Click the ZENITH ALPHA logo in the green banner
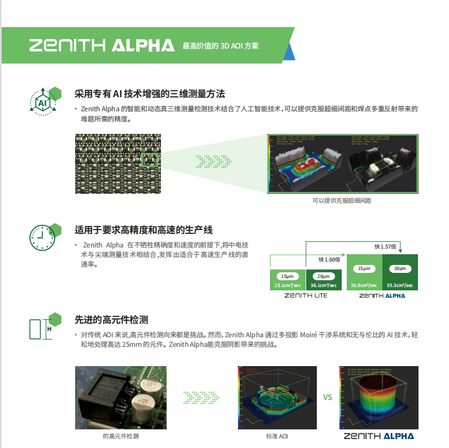pyautogui.click(x=102, y=45)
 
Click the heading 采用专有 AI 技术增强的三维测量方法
pyautogui.click(x=150, y=93)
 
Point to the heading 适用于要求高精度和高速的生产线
pyautogui.click(x=143, y=230)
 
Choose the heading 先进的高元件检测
pyautogui.click(x=111, y=320)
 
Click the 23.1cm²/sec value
pyautogui.click(x=287, y=285)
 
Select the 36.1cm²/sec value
pyautogui.click(x=324, y=285)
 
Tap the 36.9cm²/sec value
pyautogui.click(x=364, y=285)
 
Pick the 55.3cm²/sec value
pyautogui.click(x=400, y=285)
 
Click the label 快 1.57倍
pyautogui.click(x=386, y=247)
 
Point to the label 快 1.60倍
pyautogui.click(x=329, y=259)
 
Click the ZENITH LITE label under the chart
pyautogui.click(x=306, y=295)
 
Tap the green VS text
pyautogui.click(x=328, y=397)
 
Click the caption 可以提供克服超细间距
pyautogui.click(x=342, y=201)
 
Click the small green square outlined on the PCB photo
pyautogui.click(x=150, y=159)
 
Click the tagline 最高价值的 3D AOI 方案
pyautogui.click(x=220, y=46)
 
